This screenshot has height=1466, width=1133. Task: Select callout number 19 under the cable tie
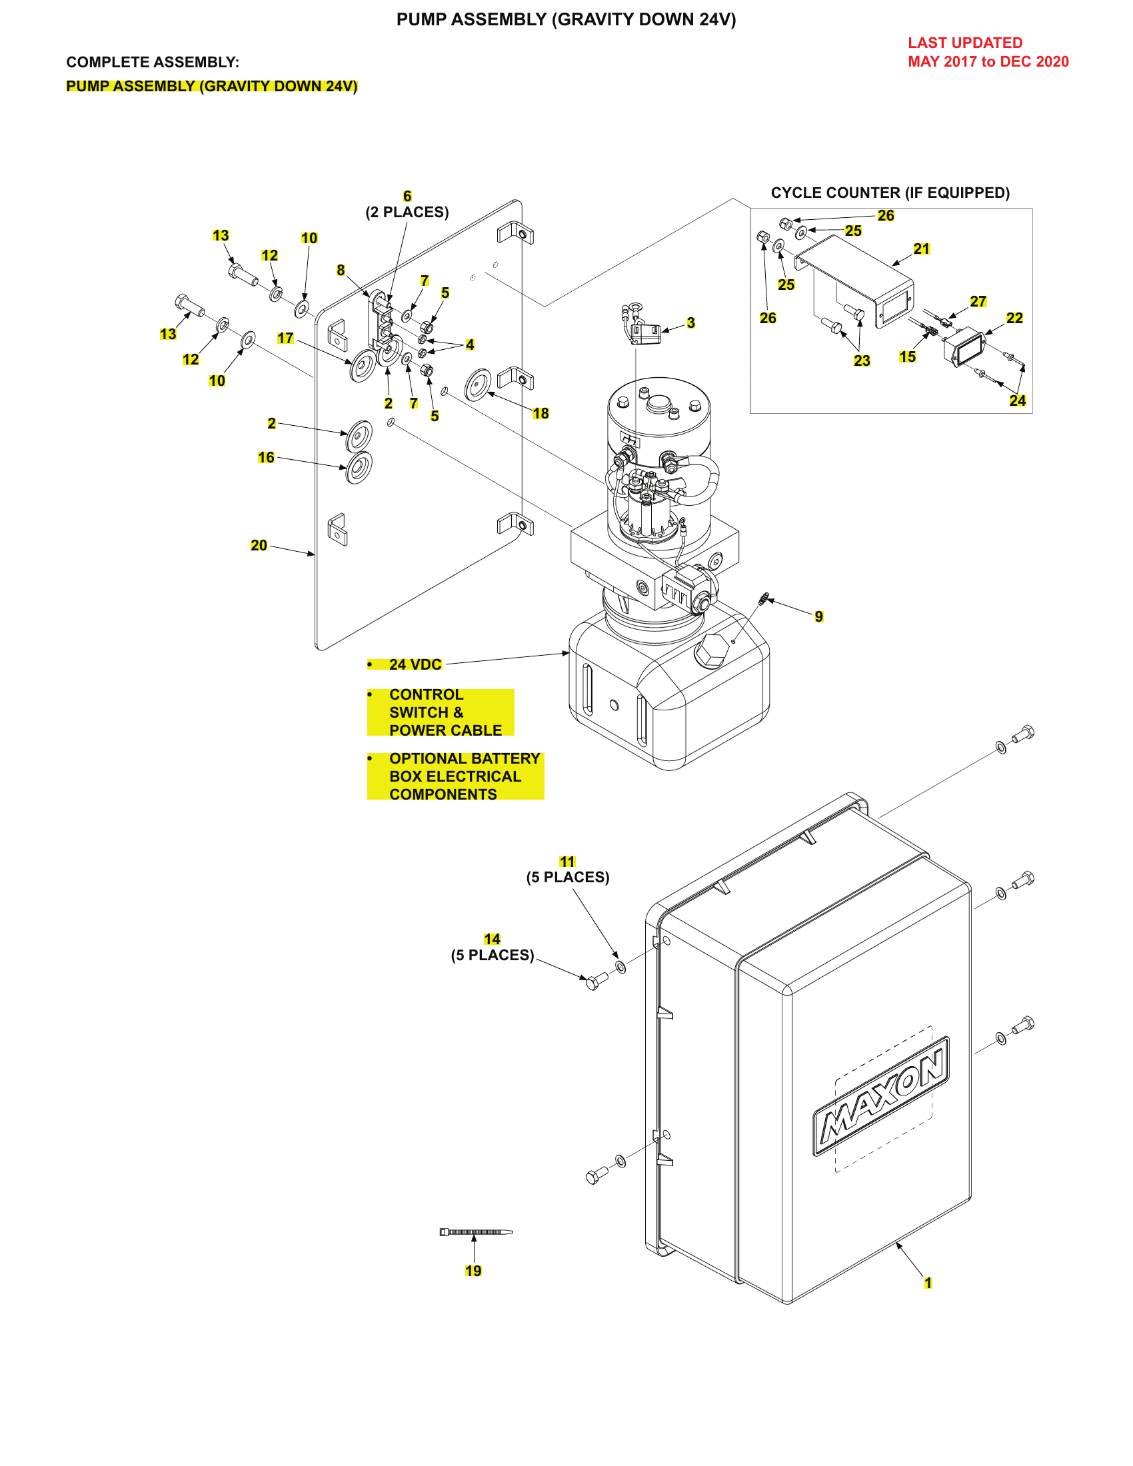[x=473, y=1271]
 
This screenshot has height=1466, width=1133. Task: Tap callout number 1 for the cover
[x=928, y=1283]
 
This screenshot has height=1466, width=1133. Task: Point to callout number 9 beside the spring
[x=819, y=616]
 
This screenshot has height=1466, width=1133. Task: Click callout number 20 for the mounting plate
[x=259, y=545]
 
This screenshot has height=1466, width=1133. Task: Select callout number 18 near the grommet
[x=541, y=414]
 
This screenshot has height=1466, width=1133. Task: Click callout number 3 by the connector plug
[x=690, y=323]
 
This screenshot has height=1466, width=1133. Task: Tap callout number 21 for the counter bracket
[x=922, y=249]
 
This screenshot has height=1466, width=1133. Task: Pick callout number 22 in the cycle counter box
[x=1014, y=317]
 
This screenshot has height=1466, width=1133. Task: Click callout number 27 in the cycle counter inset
[x=978, y=301]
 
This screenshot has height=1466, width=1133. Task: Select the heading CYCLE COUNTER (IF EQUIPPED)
[x=890, y=193]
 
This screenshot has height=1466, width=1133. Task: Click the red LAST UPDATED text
[x=965, y=43]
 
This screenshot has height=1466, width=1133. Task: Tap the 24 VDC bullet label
[x=415, y=664]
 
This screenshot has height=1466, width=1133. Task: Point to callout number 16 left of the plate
[x=266, y=457]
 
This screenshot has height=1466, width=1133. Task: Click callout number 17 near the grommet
[x=285, y=339]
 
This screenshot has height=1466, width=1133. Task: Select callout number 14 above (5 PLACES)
[x=492, y=939]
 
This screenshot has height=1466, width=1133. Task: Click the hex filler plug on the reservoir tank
[x=712, y=649]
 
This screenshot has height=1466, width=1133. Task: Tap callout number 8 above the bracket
[x=341, y=270]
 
